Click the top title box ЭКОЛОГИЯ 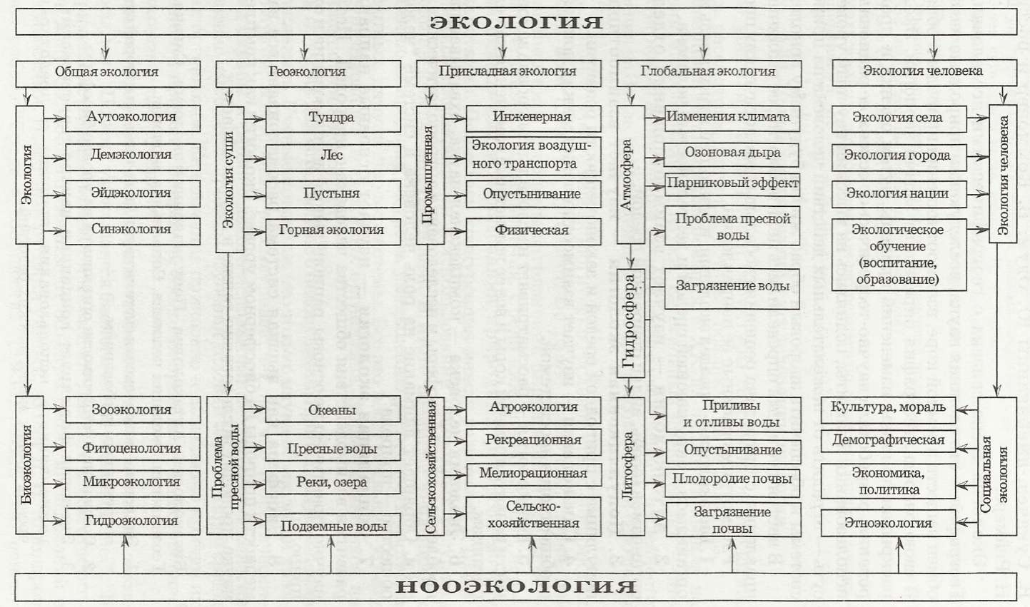pyautogui.click(x=515, y=22)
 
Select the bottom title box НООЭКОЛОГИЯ pyautogui.click(x=515, y=586)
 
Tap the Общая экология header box pyautogui.click(x=108, y=72)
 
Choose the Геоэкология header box pyautogui.click(x=308, y=72)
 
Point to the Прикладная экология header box pyautogui.click(x=508, y=72)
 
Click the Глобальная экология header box pyautogui.click(x=708, y=72)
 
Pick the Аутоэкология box pyautogui.click(x=133, y=118)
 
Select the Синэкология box pyautogui.click(x=133, y=230)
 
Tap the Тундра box pyautogui.click(x=333, y=118)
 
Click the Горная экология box pyautogui.click(x=333, y=230)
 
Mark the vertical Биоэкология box pyautogui.click(x=29, y=465)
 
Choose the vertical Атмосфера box pyautogui.click(x=630, y=175)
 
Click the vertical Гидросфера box pyautogui.click(x=630, y=322)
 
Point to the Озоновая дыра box pyautogui.click(x=732, y=153)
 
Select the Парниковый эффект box pyautogui.click(x=732, y=183)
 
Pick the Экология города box pyautogui.click(x=899, y=155)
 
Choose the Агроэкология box pyautogui.click(x=533, y=408)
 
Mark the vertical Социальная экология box pyautogui.click(x=996, y=466)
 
